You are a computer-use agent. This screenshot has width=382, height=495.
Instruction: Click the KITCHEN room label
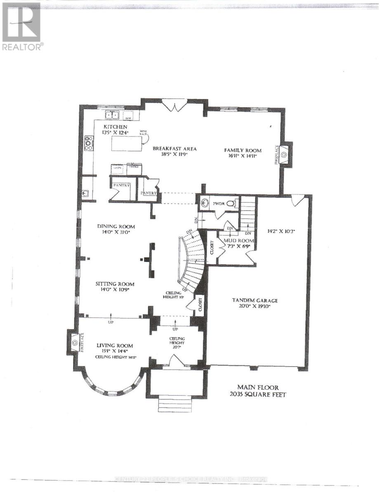tap(116, 127)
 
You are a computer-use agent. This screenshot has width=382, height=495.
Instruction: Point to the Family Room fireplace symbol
tap(285, 154)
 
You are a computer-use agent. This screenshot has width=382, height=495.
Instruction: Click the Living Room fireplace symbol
tap(75, 342)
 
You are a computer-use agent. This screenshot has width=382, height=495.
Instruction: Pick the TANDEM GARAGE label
tap(255, 301)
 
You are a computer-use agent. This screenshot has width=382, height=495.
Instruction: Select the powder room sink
tap(205, 203)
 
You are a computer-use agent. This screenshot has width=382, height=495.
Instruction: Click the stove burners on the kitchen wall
tap(89, 143)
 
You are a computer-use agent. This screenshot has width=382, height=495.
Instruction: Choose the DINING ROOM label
tap(116, 226)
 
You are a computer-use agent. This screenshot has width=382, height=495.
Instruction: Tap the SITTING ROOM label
tap(115, 284)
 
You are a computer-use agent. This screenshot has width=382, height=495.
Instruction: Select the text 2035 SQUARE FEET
tap(259, 394)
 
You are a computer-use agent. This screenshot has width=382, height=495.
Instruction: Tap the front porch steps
tap(176, 403)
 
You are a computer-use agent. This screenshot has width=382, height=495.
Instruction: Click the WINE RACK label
tap(144, 133)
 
